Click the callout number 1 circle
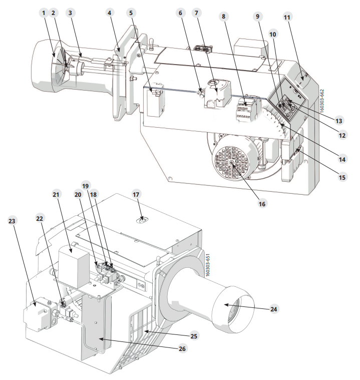(44, 13)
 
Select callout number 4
(110, 13)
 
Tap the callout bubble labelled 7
(196, 13)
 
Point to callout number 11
(287, 17)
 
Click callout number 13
(338, 121)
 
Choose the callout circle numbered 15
(342, 177)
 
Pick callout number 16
(262, 204)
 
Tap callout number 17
(136, 194)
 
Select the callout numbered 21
(56, 194)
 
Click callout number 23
(12, 221)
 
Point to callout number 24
(273, 309)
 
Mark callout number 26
(182, 348)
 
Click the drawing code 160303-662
(322, 101)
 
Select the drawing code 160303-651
(207, 265)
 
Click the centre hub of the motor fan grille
(231, 163)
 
